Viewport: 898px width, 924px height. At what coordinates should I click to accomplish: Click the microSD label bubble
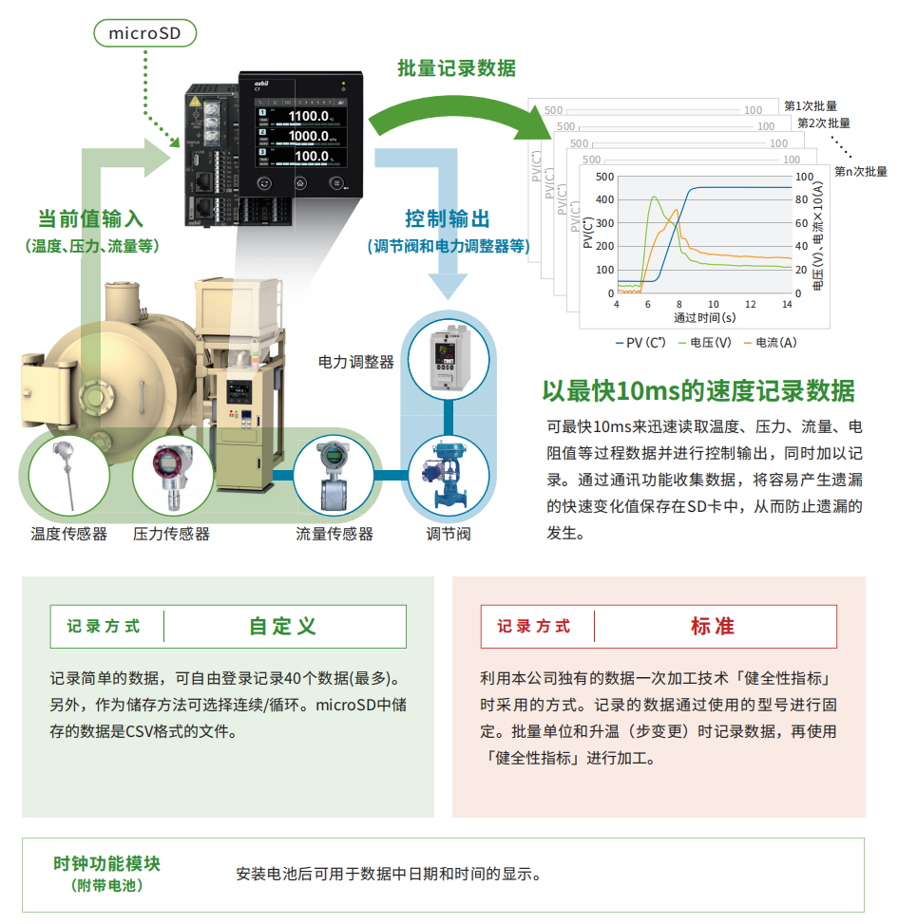click(x=145, y=34)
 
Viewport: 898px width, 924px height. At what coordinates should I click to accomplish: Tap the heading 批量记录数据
click(x=456, y=67)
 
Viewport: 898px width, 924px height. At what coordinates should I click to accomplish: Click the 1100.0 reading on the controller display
click(x=310, y=117)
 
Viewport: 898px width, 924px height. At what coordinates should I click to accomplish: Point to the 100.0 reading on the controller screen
click(x=313, y=156)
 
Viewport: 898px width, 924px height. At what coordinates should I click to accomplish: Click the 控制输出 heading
click(x=448, y=219)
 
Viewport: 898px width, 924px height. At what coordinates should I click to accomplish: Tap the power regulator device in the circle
click(x=448, y=361)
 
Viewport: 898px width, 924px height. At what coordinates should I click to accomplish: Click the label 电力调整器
click(x=355, y=362)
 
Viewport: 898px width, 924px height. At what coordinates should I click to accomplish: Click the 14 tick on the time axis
click(x=787, y=304)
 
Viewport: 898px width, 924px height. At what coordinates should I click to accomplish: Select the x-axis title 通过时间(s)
click(x=704, y=317)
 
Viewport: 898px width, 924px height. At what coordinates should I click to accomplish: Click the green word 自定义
click(x=283, y=626)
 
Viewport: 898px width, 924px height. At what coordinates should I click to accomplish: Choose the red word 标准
click(x=713, y=626)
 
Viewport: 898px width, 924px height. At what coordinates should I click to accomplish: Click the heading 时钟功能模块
click(x=106, y=864)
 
